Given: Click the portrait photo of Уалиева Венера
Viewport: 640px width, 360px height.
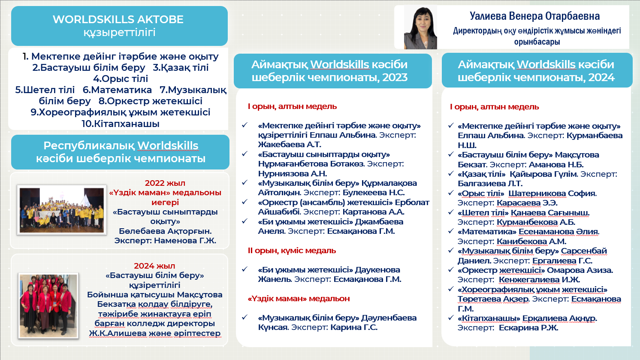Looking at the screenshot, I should (420, 28).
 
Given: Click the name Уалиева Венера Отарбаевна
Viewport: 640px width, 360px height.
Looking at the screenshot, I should (534, 16).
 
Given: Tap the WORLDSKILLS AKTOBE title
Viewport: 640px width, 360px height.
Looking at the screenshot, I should (118, 19).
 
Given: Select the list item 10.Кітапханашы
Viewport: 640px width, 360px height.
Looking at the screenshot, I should (121, 124).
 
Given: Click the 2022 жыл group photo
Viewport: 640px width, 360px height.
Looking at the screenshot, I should (62, 210).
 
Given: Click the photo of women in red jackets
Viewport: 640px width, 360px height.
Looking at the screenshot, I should (48, 305).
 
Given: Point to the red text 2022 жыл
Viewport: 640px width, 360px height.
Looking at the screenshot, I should (165, 183).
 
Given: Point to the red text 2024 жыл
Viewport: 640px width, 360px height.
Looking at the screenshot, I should (154, 266).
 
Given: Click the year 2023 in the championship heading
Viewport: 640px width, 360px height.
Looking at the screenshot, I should (395, 78).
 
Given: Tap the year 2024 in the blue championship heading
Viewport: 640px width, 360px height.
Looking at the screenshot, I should (602, 78).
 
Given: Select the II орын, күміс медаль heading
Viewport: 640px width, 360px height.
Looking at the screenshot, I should (292, 251).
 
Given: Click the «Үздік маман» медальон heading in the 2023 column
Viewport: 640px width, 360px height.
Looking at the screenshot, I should (299, 299).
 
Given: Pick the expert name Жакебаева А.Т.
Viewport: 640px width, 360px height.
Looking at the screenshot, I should (290, 145).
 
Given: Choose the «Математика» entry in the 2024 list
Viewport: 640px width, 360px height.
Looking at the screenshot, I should (487, 232).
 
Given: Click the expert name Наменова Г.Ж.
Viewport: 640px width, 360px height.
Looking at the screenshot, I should (185, 241).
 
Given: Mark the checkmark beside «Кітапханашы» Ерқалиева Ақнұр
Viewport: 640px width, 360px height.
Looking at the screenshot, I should (451, 318).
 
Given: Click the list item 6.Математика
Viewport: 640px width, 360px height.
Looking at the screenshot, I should (117, 90).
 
